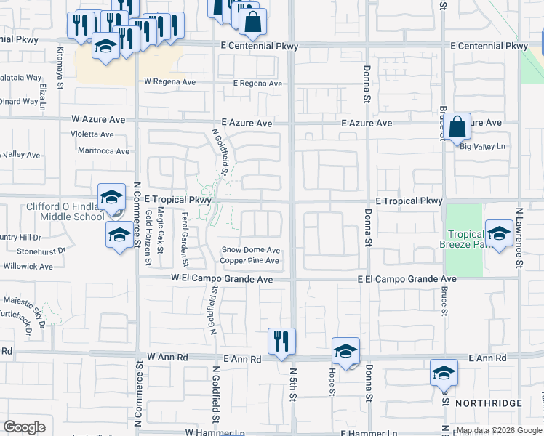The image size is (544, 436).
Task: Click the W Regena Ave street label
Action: click(172, 82)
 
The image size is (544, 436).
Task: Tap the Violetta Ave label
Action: click(92, 134)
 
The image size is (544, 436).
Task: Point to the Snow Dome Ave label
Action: click(251, 250)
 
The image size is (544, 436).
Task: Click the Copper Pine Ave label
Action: click(249, 260)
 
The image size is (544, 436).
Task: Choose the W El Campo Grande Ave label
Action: click(222, 279)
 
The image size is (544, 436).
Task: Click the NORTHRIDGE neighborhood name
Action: click(488, 403)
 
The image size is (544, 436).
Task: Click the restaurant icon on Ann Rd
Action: click(281, 340)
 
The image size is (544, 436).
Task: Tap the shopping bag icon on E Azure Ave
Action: click(458, 126)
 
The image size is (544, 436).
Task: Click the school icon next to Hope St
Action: click(345, 350)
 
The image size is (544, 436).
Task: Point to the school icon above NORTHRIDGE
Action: click(444, 372)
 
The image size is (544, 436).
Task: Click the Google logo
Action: click(24, 427)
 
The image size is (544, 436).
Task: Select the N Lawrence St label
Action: click(519, 235)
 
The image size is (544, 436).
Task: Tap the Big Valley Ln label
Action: click(483, 146)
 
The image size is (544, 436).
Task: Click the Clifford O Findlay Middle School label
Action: click(66, 211)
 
